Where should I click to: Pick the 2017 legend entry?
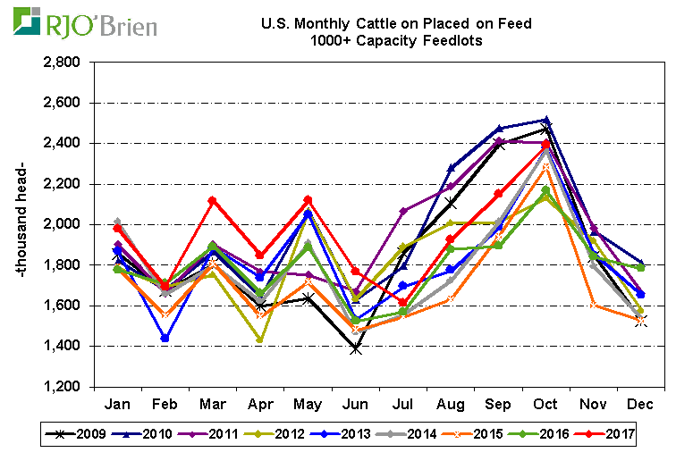coord(613,435)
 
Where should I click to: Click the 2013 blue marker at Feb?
coord(165,339)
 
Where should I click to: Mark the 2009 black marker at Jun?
coord(356,348)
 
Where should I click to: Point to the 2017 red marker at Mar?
coord(213,201)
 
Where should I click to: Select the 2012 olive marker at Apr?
coord(260,339)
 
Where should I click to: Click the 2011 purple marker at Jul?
coord(403,211)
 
